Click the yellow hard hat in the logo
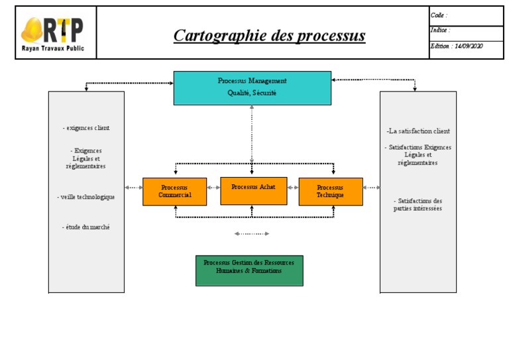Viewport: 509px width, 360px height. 33,29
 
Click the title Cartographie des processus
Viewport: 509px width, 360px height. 269,35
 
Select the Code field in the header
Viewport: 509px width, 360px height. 466,15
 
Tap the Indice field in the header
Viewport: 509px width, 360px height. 466,30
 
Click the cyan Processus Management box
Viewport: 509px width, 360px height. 252,88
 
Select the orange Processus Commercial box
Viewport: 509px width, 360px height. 174,192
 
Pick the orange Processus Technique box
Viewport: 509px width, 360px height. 330,192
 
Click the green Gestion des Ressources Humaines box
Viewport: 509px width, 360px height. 249,270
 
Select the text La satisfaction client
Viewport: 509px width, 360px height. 418,131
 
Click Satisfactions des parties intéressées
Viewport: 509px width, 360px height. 418,204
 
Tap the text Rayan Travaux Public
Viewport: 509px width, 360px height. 53,48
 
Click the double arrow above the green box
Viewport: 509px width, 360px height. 252,233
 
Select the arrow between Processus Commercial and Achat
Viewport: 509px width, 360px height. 213,188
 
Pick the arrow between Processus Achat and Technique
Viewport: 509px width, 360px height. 292,188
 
